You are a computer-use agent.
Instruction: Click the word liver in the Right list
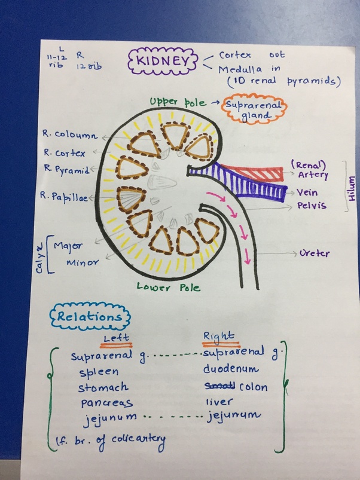pyautogui.click(x=219, y=402)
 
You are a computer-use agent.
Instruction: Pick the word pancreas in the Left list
pyautogui.click(x=106, y=402)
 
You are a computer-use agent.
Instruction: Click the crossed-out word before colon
pyautogui.click(x=219, y=386)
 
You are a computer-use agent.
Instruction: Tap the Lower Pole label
pyautogui.click(x=169, y=288)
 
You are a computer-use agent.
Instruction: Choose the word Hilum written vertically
pyautogui.click(x=351, y=186)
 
